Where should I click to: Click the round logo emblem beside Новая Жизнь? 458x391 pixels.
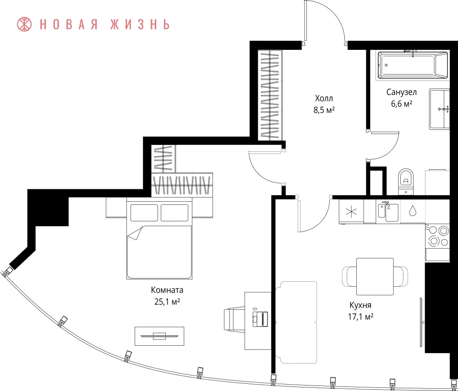24,24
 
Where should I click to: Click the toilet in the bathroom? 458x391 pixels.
406,181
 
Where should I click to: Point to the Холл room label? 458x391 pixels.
324,98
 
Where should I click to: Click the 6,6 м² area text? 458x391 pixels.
402,103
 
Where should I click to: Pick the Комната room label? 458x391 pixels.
167,290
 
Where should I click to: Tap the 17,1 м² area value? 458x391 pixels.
361,316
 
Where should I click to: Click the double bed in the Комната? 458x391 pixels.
159,238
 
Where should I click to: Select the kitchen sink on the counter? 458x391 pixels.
388,211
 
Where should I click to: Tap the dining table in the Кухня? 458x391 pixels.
375,276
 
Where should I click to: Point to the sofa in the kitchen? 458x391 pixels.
296,322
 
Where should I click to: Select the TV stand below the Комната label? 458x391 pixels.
159,336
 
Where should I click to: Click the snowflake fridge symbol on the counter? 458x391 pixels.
351,211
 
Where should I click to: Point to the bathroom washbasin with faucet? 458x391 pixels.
440,109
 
